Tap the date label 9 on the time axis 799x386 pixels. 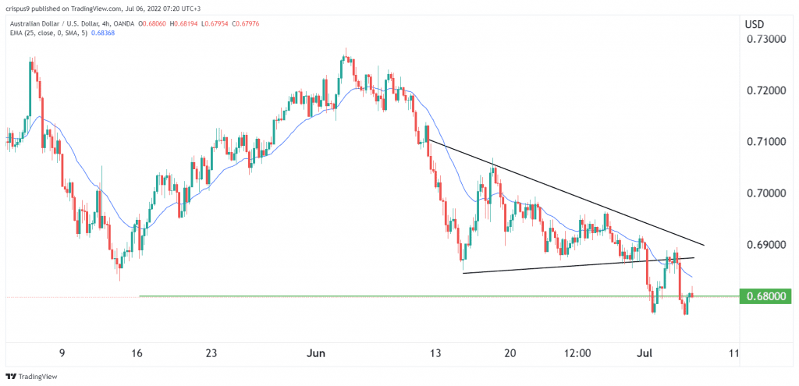(62, 353)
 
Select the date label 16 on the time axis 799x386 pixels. (137, 353)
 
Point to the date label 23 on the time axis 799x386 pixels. (211, 353)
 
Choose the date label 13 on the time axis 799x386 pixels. (436, 353)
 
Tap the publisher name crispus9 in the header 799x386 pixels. (21, 8)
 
